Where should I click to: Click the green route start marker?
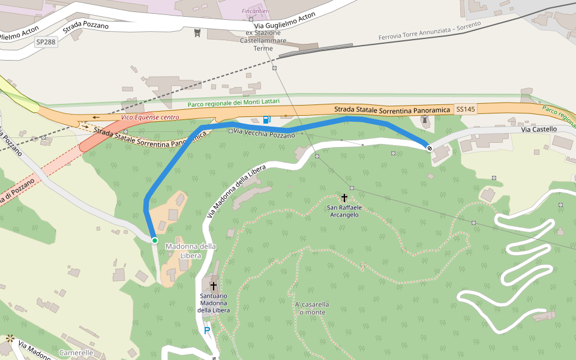click(154, 241)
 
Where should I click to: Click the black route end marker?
click(430, 148)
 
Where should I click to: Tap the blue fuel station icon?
click(267, 119)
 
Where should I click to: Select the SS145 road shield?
click(465, 110)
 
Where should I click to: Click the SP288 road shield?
click(46, 42)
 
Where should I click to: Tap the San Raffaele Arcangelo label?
click(343, 211)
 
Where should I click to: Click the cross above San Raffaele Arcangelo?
click(344, 197)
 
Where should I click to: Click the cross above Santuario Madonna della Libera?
click(213, 286)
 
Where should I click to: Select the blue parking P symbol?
click(207, 330)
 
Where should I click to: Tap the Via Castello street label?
click(539, 129)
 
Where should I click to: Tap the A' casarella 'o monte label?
click(311, 308)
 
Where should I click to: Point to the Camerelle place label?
click(76, 353)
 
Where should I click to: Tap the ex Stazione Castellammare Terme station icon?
click(197, 32)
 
